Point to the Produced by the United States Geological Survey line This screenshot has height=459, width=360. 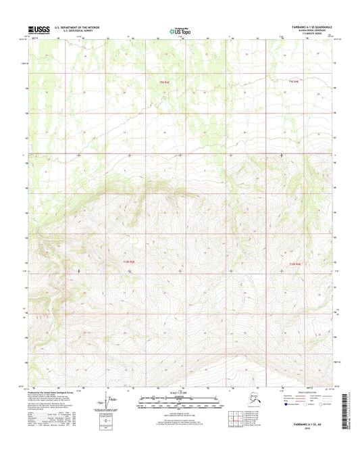[58, 392]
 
